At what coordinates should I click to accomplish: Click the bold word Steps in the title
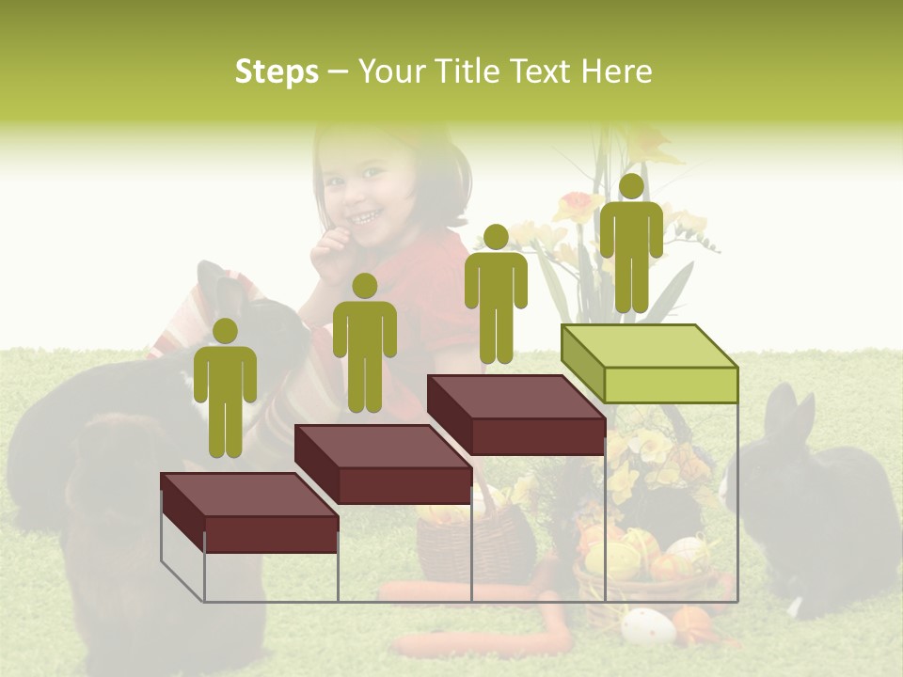277,71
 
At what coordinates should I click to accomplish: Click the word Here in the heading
617,71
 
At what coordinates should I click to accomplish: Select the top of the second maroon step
382,446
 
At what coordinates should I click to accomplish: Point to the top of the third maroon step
515,396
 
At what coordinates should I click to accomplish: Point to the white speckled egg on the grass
646,625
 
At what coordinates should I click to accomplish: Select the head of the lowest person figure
225,331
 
